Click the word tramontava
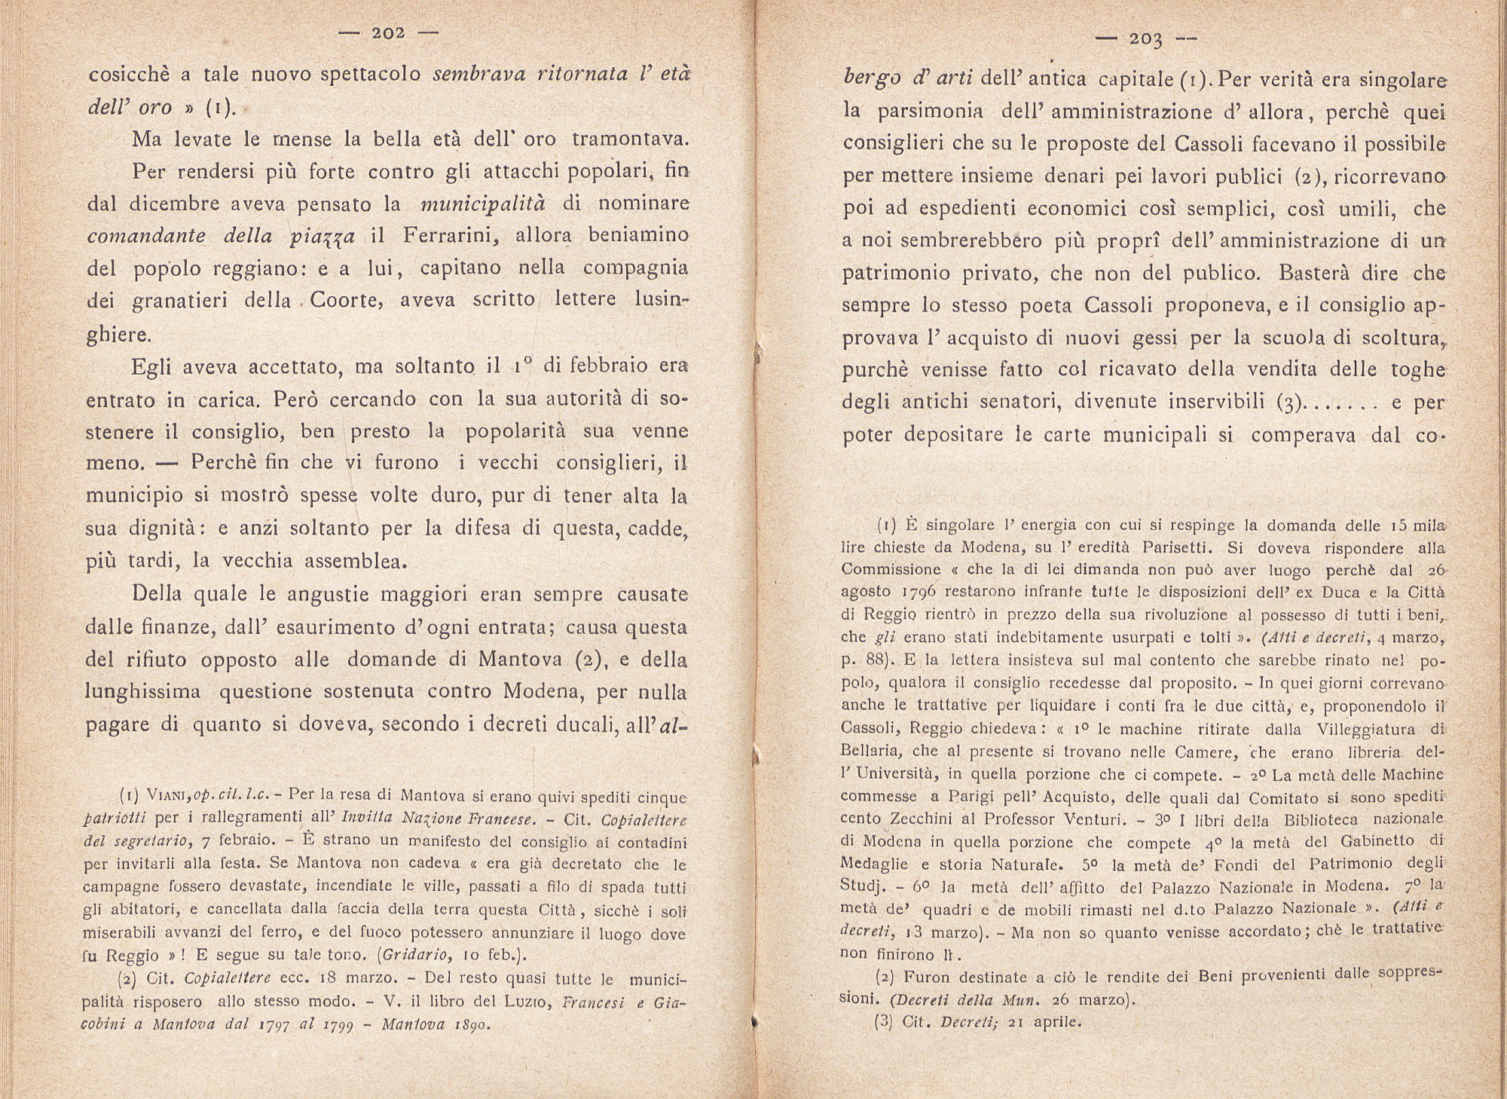(630, 139)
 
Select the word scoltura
(1392, 338)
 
